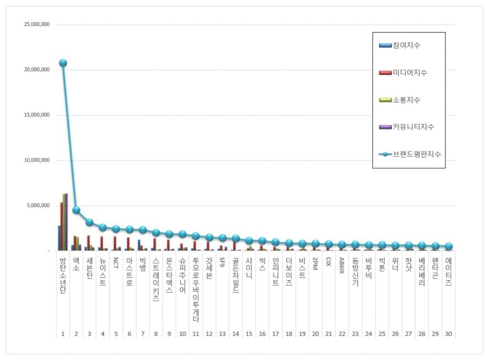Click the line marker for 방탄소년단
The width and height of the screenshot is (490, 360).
(63, 63)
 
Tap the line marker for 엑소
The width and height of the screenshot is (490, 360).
(76, 210)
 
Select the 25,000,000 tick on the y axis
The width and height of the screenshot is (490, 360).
(37, 24)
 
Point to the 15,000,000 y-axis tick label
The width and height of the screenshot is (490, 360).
(37, 115)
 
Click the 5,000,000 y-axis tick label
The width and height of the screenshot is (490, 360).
(38, 206)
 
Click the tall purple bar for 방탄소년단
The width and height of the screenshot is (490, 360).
(66, 222)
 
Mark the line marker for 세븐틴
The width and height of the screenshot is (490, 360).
(89, 222)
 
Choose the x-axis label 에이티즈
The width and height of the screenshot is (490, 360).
(448, 271)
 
